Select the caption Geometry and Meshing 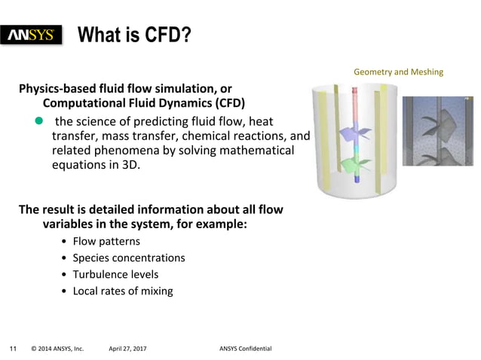[398, 72]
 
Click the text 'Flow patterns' [106, 241]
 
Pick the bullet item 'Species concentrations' [128, 258]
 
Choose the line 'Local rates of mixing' [122, 291]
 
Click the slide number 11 [13, 349]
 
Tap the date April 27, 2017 [127, 349]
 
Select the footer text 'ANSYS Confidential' [245, 349]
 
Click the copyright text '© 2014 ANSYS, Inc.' [57, 349]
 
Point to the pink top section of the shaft [356, 98]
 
